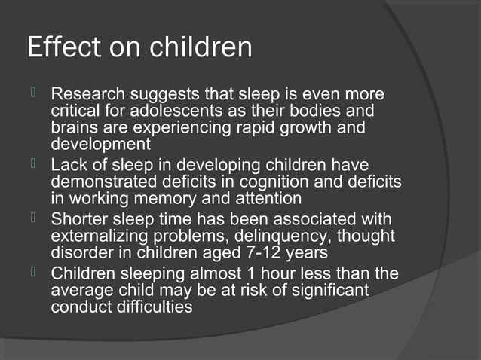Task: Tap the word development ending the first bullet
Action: (x=100, y=143)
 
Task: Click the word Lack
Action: (x=68, y=165)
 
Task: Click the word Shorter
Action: (x=80, y=219)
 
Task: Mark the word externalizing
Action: (x=97, y=235)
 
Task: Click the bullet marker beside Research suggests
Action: (x=33, y=95)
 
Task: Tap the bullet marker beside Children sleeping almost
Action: (x=33, y=272)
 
